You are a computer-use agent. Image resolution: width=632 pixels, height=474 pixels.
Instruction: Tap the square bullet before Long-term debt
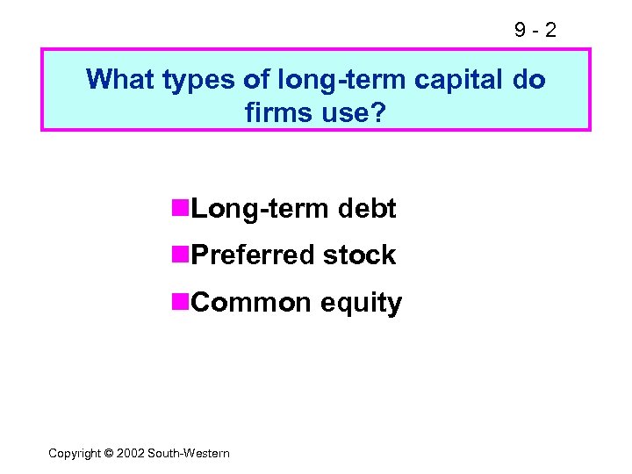click(x=182, y=208)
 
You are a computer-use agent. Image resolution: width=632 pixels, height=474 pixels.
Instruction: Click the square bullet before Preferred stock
click(x=182, y=255)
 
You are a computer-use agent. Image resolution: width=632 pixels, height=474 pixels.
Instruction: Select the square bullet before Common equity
click(x=182, y=302)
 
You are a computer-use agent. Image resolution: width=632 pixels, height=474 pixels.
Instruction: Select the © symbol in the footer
click(x=110, y=453)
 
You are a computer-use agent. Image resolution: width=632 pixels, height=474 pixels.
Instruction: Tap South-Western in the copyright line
click(x=189, y=453)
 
